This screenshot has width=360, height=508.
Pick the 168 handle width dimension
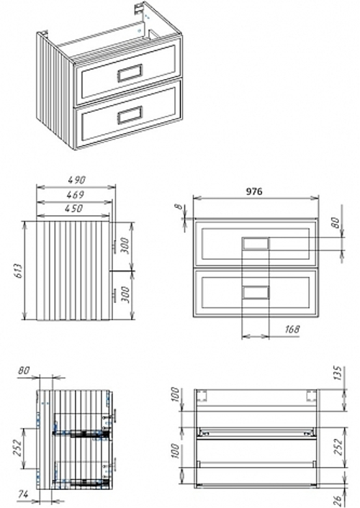coord(292,329)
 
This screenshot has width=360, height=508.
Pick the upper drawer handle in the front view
coord(256,243)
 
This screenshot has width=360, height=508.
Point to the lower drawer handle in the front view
coord(256,291)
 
